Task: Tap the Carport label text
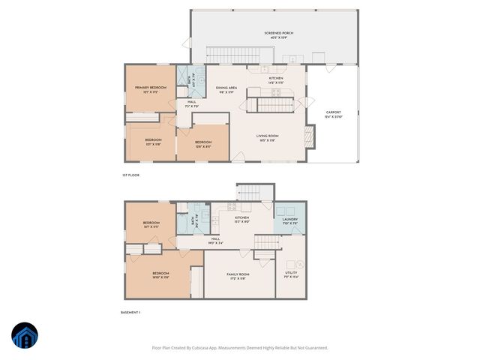click(334, 115)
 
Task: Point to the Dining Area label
click(227, 90)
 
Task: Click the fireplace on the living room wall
click(308, 136)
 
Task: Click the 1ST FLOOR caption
click(131, 175)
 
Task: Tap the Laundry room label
click(290, 221)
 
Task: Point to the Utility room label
click(291, 274)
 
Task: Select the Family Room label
click(238, 276)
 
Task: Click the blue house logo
click(26, 336)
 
